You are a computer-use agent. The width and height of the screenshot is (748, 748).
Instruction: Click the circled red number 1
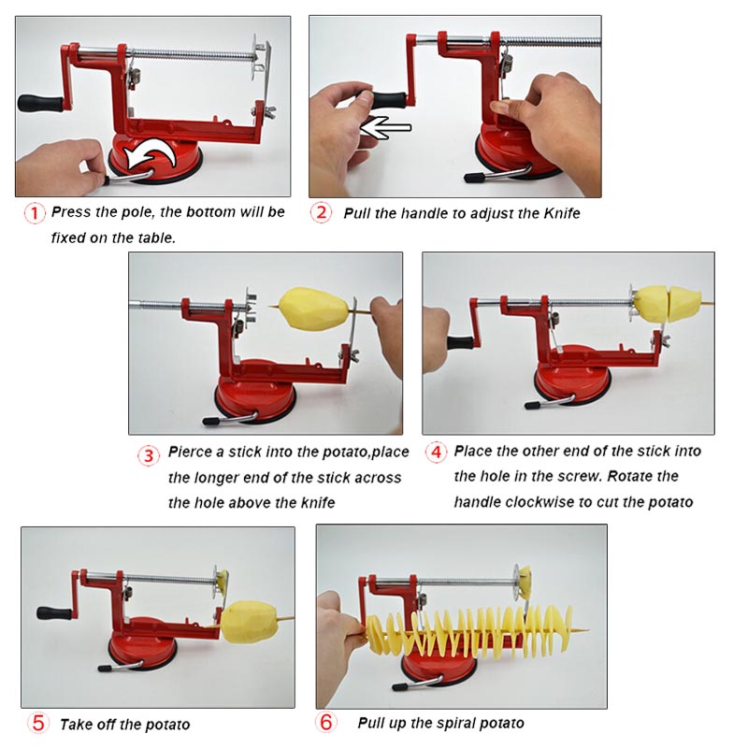(x=35, y=213)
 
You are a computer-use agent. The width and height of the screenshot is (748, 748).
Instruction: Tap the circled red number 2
(x=321, y=212)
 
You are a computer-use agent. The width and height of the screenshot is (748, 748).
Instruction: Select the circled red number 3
(x=149, y=455)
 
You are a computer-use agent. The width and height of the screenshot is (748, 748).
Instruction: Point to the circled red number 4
(x=436, y=452)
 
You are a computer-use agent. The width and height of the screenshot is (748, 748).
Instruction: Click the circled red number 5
(x=37, y=722)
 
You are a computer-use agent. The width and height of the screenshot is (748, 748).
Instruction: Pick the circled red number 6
(x=325, y=722)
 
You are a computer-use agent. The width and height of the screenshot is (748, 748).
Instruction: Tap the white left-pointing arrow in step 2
(x=386, y=128)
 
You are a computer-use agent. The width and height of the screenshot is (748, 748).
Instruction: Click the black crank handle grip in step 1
(x=40, y=103)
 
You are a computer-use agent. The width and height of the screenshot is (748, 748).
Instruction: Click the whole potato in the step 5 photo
(x=246, y=622)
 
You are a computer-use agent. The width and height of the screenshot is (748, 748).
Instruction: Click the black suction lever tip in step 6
(x=400, y=687)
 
